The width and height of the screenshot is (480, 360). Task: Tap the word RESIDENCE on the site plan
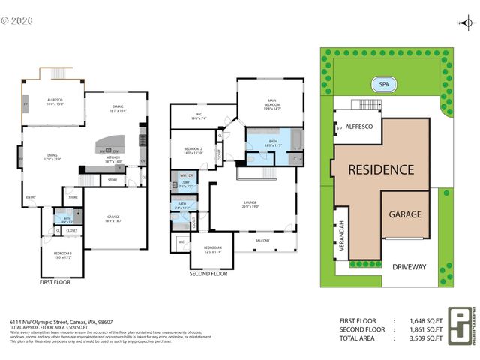381,169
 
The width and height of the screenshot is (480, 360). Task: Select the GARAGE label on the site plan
404,214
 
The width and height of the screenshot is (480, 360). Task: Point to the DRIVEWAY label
408,266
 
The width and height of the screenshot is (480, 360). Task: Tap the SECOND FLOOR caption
209,274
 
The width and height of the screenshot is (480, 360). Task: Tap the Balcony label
263,240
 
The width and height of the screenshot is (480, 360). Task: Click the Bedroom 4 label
213,249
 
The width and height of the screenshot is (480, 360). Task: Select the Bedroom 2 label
193,150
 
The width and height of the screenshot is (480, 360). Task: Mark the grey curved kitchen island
114,143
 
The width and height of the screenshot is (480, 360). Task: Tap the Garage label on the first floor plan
114,219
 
